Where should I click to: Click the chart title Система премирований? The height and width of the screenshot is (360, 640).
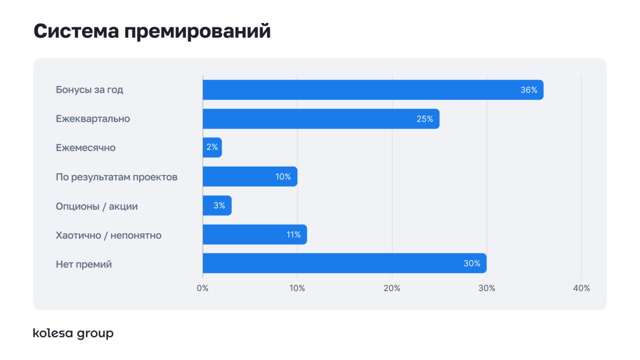click(x=152, y=31)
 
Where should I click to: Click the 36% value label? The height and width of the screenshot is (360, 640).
click(x=529, y=90)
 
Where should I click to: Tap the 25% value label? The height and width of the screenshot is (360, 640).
click(x=425, y=119)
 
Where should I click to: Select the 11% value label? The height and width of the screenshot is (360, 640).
click(x=293, y=235)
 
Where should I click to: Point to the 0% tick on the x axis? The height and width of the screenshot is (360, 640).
click(x=203, y=289)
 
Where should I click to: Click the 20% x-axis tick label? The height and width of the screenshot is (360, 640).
click(x=392, y=289)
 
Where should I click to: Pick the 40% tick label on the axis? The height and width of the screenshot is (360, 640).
click(x=581, y=289)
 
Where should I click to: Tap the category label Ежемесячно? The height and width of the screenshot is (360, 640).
click(x=85, y=148)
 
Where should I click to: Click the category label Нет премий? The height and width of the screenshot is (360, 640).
click(x=84, y=264)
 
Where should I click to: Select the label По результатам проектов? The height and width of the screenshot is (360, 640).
click(x=116, y=177)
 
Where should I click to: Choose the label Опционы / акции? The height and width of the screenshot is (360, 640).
click(x=97, y=206)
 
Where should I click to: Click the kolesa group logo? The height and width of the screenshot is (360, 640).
click(x=73, y=334)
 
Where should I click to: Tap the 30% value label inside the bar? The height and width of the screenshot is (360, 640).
click(x=472, y=263)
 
